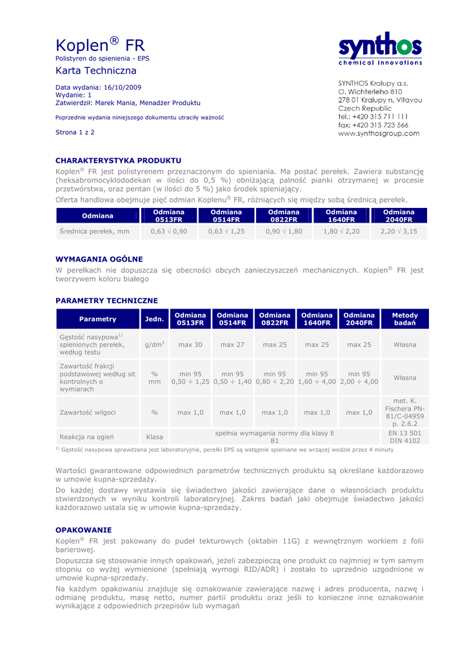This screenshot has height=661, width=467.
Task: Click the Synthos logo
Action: (x=380, y=49)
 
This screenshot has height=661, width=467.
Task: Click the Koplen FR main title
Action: (x=100, y=46)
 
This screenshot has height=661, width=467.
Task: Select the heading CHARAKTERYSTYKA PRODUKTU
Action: (x=118, y=160)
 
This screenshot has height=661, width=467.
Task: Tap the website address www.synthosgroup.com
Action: (x=379, y=134)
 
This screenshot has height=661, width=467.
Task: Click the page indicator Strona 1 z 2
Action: (x=75, y=132)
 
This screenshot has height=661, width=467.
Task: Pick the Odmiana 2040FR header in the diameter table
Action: (x=398, y=216)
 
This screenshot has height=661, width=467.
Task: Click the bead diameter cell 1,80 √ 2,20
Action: (x=341, y=231)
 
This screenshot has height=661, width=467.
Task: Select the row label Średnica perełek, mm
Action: (x=94, y=231)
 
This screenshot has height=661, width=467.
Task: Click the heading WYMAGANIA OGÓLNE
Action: (x=99, y=259)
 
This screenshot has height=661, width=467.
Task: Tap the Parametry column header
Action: (x=97, y=319)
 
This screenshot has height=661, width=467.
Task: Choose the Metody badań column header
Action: (x=405, y=319)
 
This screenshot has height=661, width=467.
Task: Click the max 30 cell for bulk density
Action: (x=190, y=345)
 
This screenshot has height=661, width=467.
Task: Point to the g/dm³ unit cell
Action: (x=154, y=345)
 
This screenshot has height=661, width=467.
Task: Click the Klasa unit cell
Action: (x=154, y=437)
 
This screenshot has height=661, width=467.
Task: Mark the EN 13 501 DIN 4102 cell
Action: (x=404, y=437)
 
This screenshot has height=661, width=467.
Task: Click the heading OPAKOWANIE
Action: (x=84, y=529)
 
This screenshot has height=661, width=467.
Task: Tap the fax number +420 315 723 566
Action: (x=373, y=125)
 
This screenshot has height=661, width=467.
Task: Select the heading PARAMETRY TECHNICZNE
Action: (x=106, y=301)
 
